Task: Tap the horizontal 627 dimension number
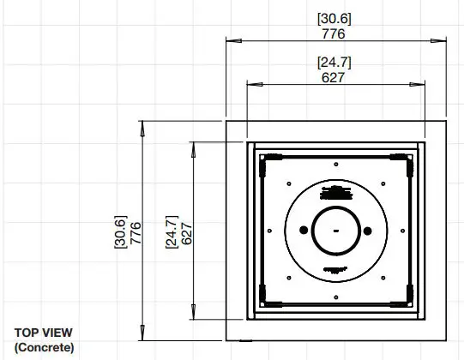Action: pyautogui.click(x=334, y=77)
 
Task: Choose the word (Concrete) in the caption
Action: pyautogui.click(x=44, y=347)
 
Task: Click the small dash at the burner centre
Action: pyautogui.click(x=334, y=230)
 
